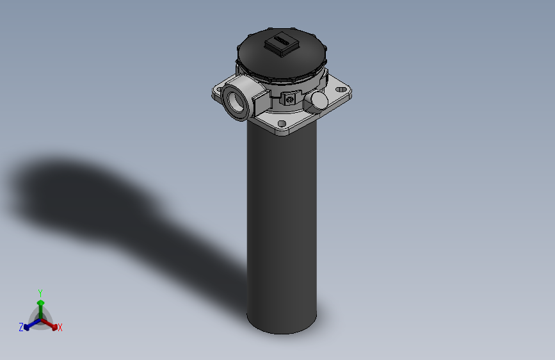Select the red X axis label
(60, 328)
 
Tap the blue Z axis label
(20, 327)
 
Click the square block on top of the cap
(280, 45)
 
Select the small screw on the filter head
(291, 99)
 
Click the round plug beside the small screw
(318, 99)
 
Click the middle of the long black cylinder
(282, 224)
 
